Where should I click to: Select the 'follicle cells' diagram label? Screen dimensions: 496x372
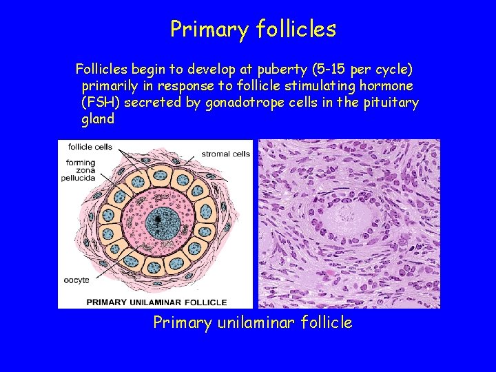[86, 147]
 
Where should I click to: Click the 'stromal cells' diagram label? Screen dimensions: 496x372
[225, 154]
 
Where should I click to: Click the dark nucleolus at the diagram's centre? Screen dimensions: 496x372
[158, 220]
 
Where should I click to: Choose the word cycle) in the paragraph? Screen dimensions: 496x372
[393, 70]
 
